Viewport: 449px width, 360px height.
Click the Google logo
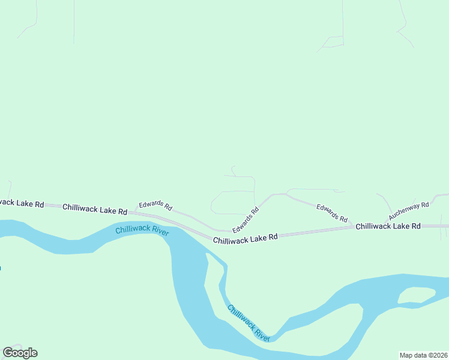(20, 353)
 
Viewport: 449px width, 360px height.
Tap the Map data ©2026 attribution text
(423, 355)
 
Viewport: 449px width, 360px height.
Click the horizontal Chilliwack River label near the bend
(142, 230)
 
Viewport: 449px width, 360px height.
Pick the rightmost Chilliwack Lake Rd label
(387, 226)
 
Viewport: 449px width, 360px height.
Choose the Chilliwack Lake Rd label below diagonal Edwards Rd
(245, 238)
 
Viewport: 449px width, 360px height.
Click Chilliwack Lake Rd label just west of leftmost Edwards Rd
(95, 209)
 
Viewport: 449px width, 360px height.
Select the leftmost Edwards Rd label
(155, 206)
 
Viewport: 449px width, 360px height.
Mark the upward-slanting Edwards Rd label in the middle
(246, 220)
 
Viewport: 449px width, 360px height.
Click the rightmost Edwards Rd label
(332, 213)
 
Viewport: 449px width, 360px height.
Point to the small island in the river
(416, 295)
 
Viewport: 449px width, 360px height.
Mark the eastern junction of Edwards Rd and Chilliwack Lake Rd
(352, 227)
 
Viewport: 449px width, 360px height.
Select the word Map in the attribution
(407, 355)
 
